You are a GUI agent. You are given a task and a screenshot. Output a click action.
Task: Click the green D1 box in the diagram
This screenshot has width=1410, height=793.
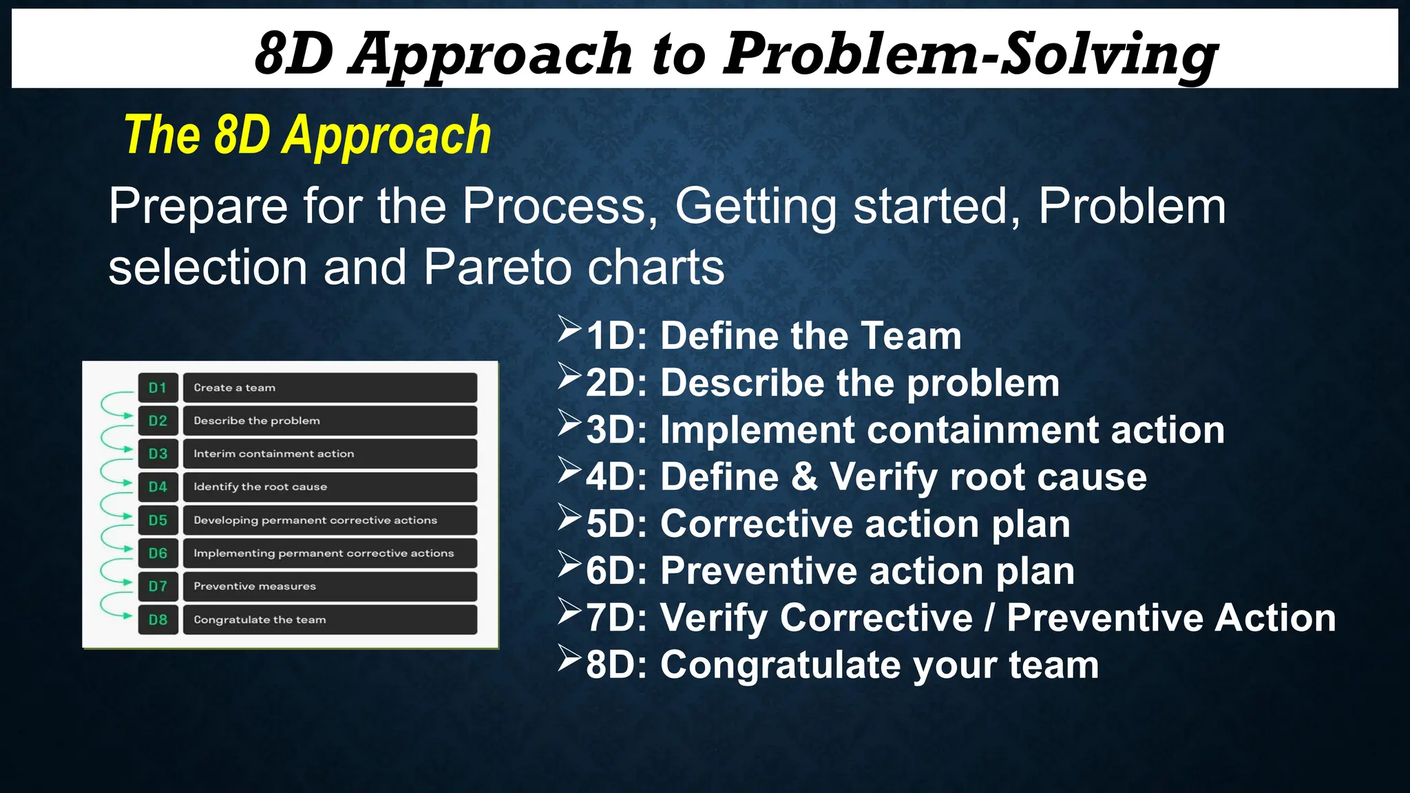pyautogui.click(x=158, y=388)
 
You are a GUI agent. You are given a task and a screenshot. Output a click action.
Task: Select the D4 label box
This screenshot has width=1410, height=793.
pyautogui.click(x=158, y=487)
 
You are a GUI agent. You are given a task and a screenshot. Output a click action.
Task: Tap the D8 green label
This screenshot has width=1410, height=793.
pyautogui.click(x=158, y=620)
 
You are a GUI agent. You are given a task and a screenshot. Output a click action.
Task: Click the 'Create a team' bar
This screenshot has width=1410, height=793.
pyautogui.click(x=330, y=388)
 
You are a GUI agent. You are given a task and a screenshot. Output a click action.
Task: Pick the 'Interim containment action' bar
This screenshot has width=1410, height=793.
pyautogui.click(x=330, y=454)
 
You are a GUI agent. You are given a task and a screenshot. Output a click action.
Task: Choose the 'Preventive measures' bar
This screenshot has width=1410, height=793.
pyautogui.click(x=330, y=586)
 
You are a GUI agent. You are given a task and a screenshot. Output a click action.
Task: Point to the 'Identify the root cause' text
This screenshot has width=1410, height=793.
pyautogui.click(x=260, y=487)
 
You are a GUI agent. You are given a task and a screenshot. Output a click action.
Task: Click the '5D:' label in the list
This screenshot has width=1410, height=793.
pyautogui.click(x=616, y=524)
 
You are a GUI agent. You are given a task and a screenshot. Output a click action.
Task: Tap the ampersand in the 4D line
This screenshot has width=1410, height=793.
pyautogui.click(x=804, y=477)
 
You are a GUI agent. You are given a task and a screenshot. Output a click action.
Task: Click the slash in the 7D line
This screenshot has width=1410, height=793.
pyautogui.click(x=989, y=617)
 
